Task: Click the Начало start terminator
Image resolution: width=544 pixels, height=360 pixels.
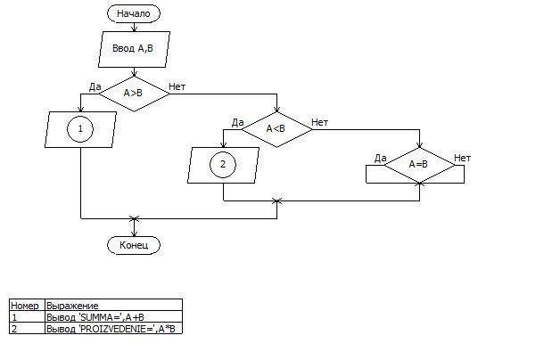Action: (134, 13)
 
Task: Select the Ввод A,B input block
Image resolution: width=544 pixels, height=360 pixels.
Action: (134, 49)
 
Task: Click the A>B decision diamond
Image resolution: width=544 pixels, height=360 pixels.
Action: (134, 93)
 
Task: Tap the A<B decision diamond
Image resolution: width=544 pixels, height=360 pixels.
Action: (276, 128)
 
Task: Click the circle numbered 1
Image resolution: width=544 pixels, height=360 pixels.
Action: (80, 129)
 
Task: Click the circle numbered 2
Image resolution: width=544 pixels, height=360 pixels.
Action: (223, 165)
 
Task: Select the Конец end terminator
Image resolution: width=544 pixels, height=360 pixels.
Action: (134, 244)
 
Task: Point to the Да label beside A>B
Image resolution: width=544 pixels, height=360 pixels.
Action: (95, 86)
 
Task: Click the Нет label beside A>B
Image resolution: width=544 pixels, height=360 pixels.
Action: (177, 86)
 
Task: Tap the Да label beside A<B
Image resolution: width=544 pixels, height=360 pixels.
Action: (237, 122)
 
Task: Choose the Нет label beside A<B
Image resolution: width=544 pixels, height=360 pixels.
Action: (319, 121)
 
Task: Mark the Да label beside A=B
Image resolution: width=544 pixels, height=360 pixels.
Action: (380, 158)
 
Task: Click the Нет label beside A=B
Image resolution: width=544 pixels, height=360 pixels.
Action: (462, 158)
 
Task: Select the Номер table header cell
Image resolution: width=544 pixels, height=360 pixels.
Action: (25, 306)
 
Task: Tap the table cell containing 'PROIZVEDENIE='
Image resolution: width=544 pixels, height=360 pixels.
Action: (112, 329)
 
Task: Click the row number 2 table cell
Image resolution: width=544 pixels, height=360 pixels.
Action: (25, 329)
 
